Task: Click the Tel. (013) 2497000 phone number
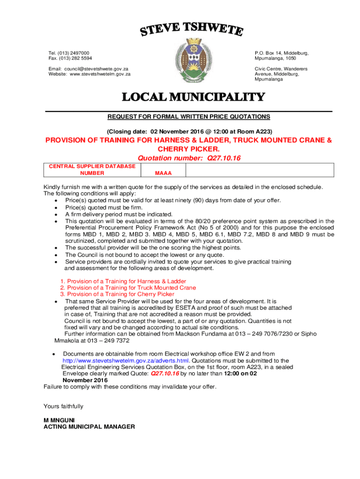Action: [x=69, y=53]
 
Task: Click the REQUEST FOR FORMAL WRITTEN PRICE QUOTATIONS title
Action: [x=189, y=116]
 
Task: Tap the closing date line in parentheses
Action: [x=189, y=131]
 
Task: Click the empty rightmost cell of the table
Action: [x=259, y=170]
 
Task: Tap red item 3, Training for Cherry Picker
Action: [x=117, y=294]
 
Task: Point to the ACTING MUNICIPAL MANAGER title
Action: [x=89, y=427]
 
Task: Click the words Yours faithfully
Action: [x=63, y=406]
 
